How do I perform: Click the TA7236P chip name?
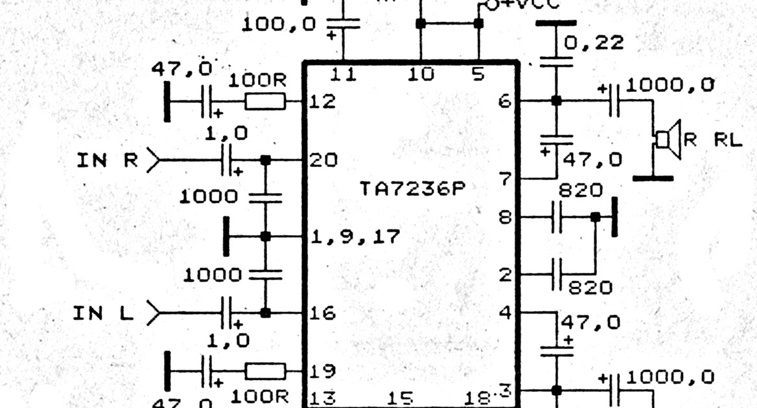[x=413, y=189]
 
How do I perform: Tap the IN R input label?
[x=108, y=159]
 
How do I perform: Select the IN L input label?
[x=103, y=313]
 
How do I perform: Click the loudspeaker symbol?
[x=668, y=139]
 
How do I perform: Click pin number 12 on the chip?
[x=322, y=102]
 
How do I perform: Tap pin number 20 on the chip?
[x=323, y=160]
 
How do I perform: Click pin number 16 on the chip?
[x=323, y=313]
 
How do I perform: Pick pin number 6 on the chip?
[x=506, y=101]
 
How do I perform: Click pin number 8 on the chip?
[x=506, y=217]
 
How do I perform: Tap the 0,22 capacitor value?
[x=594, y=43]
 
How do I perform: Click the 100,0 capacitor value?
[x=279, y=25]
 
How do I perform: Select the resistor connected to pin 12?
[x=265, y=101]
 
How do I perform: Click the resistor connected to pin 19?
[x=265, y=371]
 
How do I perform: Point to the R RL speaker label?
[x=713, y=140]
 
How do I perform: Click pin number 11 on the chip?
[x=343, y=74]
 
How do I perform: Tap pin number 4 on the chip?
[x=506, y=313]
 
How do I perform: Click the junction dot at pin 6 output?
[x=555, y=101]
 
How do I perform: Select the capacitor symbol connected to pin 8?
[x=555, y=217]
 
